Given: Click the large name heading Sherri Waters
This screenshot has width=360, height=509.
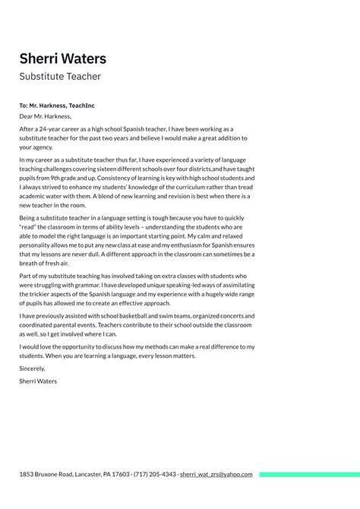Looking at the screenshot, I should tap(63, 58).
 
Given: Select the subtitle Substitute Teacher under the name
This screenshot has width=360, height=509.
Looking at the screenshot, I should tap(60, 77).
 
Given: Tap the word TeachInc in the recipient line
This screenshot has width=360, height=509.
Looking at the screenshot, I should tap(81, 106).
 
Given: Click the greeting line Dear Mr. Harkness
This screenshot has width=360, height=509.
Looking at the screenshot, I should tap(46, 116).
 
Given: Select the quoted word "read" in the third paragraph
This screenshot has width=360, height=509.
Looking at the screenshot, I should tap(30, 226).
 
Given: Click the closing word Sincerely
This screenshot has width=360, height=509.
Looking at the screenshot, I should tap(34, 368).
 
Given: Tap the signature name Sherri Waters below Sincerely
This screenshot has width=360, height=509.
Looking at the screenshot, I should tap(38, 381).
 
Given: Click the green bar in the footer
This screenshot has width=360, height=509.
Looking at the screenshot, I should tap(308, 475).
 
